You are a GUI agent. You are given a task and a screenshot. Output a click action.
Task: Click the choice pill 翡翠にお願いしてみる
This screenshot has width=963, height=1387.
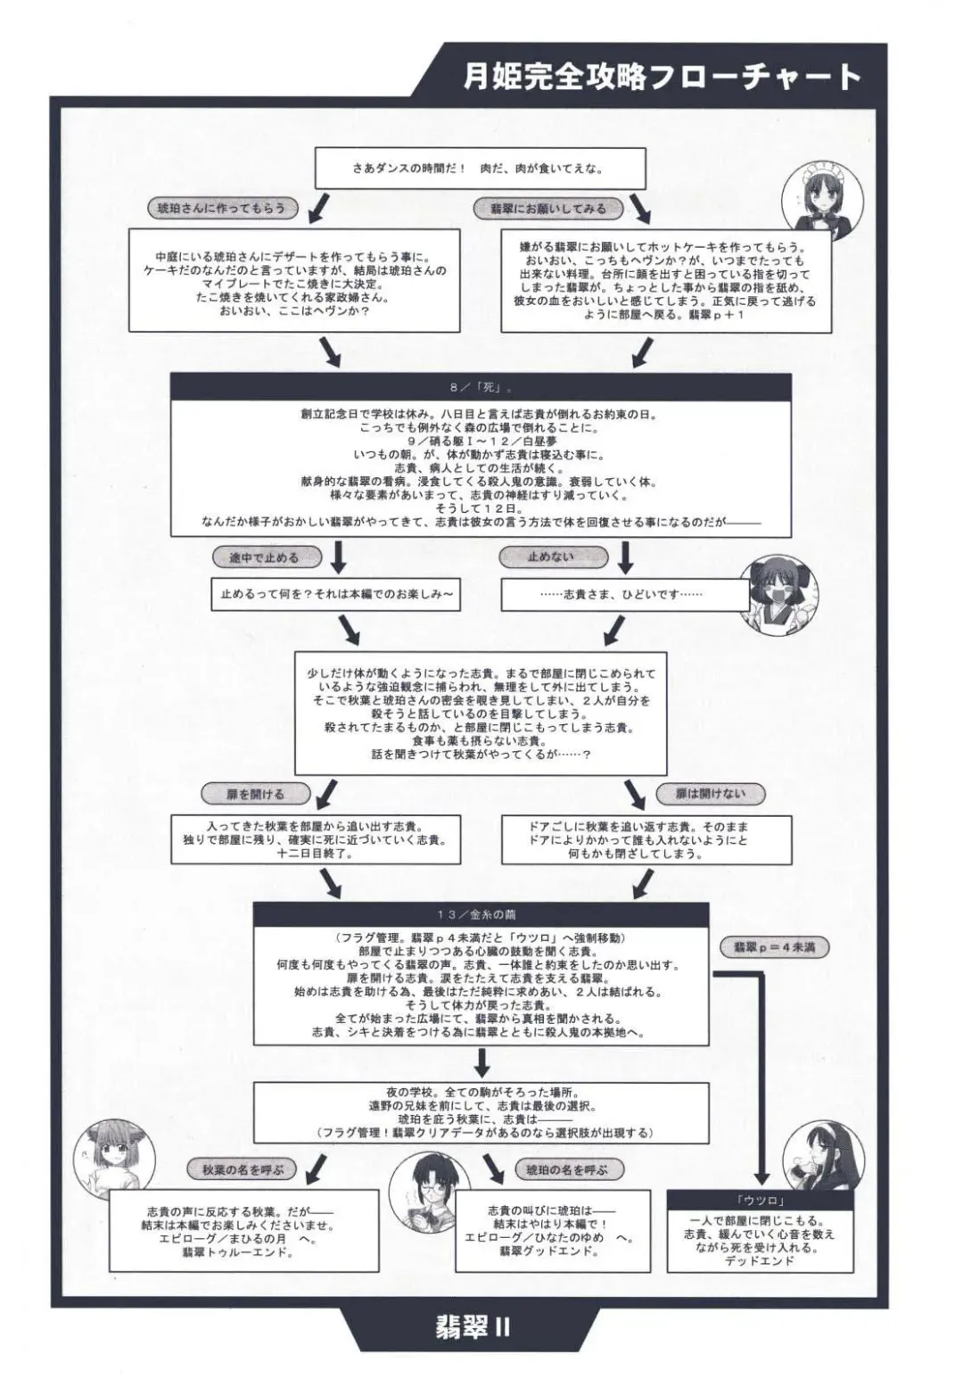pyautogui.click(x=548, y=208)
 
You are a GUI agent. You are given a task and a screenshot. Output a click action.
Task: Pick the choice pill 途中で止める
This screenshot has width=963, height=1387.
pyautogui.click(x=264, y=557)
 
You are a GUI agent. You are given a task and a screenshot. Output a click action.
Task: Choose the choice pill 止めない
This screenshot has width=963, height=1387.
pyautogui.click(x=551, y=557)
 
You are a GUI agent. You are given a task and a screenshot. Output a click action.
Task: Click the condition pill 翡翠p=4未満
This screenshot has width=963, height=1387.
pyautogui.click(x=774, y=946)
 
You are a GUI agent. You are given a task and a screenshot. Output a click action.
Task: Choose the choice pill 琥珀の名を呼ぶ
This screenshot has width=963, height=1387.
pyautogui.click(x=567, y=1169)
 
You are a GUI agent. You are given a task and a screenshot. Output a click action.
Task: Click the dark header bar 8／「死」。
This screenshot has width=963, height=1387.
pyautogui.click(x=481, y=388)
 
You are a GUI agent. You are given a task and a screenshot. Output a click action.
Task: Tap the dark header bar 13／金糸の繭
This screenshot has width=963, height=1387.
pyautogui.click(x=481, y=914)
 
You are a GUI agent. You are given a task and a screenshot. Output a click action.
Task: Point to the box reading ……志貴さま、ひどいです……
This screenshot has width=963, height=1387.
pyautogui.click(x=624, y=595)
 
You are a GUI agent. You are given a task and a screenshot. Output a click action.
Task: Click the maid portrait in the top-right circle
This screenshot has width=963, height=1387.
pyautogui.click(x=812, y=195)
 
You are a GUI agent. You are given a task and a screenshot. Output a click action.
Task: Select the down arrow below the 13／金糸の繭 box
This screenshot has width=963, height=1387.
pyautogui.click(x=481, y=1062)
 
